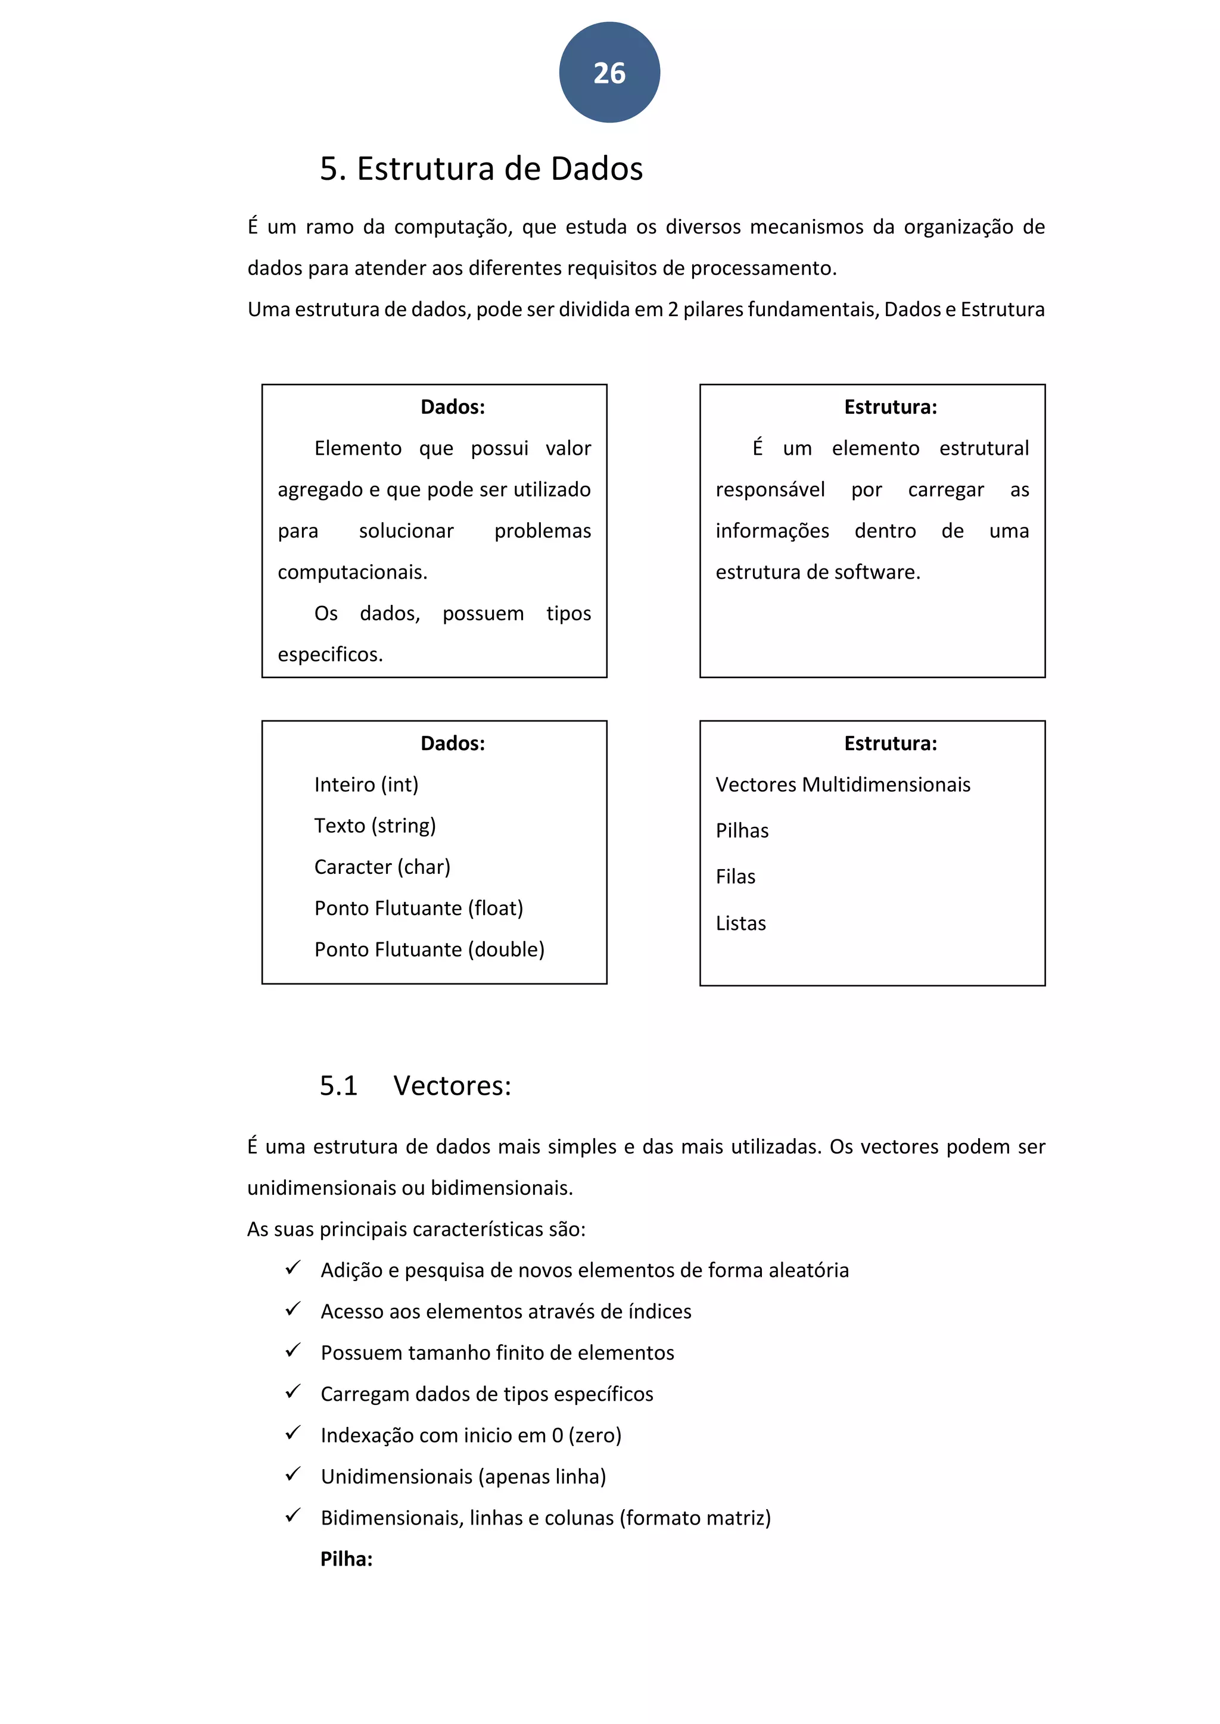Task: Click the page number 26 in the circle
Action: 609,73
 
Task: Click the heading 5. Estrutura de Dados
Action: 481,169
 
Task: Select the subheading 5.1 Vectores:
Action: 415,1086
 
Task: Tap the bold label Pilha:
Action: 346,1559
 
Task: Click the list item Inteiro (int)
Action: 366,785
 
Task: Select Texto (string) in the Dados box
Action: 375,826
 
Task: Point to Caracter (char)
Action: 382,867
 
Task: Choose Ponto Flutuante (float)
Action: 418,908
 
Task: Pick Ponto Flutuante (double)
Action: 429,950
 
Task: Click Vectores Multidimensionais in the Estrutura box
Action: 842,785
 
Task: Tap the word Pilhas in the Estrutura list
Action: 742,831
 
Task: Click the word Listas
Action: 740,923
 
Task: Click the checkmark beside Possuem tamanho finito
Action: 293,1351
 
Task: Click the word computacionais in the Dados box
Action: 351,572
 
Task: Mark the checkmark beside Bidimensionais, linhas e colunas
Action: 293,1516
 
